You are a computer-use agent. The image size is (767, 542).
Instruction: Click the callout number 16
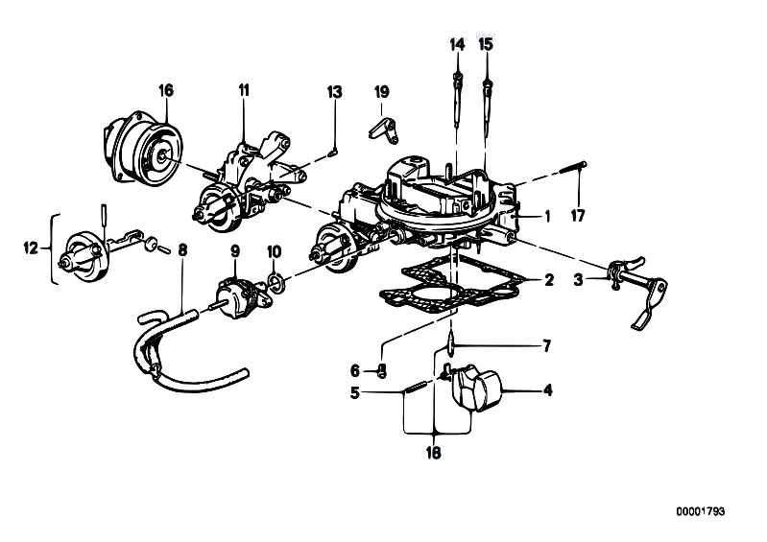(166, 90)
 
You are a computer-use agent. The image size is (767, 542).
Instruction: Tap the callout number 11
(244, 90)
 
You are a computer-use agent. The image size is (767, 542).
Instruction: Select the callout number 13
(335, 91)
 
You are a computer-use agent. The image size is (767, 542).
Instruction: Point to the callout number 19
(381, 91)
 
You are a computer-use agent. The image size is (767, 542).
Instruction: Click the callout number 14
(457, 44)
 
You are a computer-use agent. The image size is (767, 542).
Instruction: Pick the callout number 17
(578, 216)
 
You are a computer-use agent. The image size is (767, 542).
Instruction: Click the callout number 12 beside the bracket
(31, 248)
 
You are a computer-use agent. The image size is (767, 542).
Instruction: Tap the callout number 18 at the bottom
(433, 453)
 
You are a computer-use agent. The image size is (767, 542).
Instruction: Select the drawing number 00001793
(701, 511)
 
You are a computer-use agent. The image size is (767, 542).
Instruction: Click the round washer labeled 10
(275, 282)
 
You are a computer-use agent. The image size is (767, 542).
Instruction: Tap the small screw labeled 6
(382, 372)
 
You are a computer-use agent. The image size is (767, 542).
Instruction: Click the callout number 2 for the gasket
(549, 280)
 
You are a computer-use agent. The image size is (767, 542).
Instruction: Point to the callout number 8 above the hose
(182, 249)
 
